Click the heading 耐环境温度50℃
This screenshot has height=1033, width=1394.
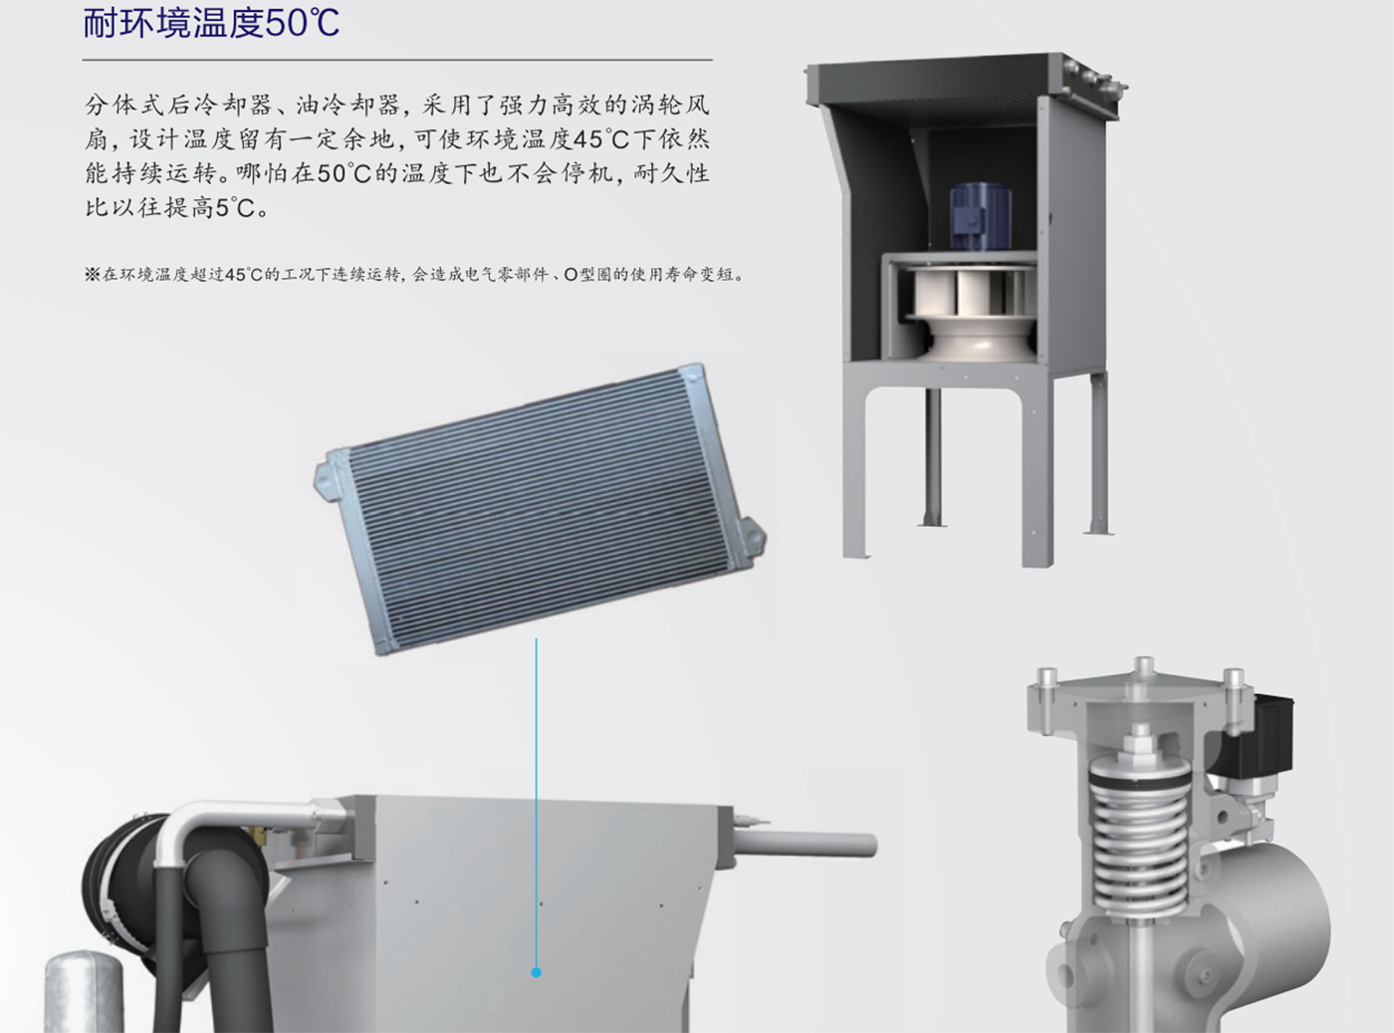point(211,23)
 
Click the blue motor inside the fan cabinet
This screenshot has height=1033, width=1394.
point(980,215)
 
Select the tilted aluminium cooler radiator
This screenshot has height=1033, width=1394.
point(540,509)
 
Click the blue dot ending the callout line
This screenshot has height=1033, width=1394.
point(536,972)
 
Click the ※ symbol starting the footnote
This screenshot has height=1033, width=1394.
point(92,275)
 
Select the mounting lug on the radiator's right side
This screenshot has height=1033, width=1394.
point(752,540)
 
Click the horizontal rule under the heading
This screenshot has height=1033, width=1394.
point(397,61)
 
